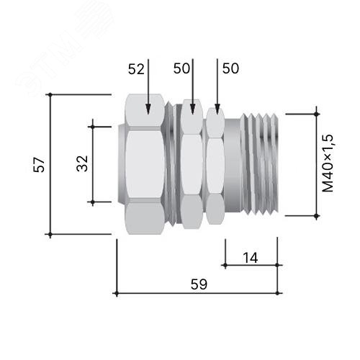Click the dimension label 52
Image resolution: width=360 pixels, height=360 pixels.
136,69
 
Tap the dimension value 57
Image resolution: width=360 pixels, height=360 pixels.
39,165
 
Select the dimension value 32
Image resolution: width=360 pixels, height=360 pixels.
82,163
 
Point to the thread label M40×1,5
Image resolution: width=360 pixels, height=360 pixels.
328,163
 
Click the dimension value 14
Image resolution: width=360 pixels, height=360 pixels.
251,258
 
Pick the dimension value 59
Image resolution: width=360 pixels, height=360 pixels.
199,284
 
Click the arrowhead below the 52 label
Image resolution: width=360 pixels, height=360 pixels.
148,109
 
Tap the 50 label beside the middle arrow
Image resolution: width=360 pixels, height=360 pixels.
181,68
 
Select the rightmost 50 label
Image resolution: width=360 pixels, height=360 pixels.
230,68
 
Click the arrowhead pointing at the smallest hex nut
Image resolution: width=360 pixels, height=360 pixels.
217,109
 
